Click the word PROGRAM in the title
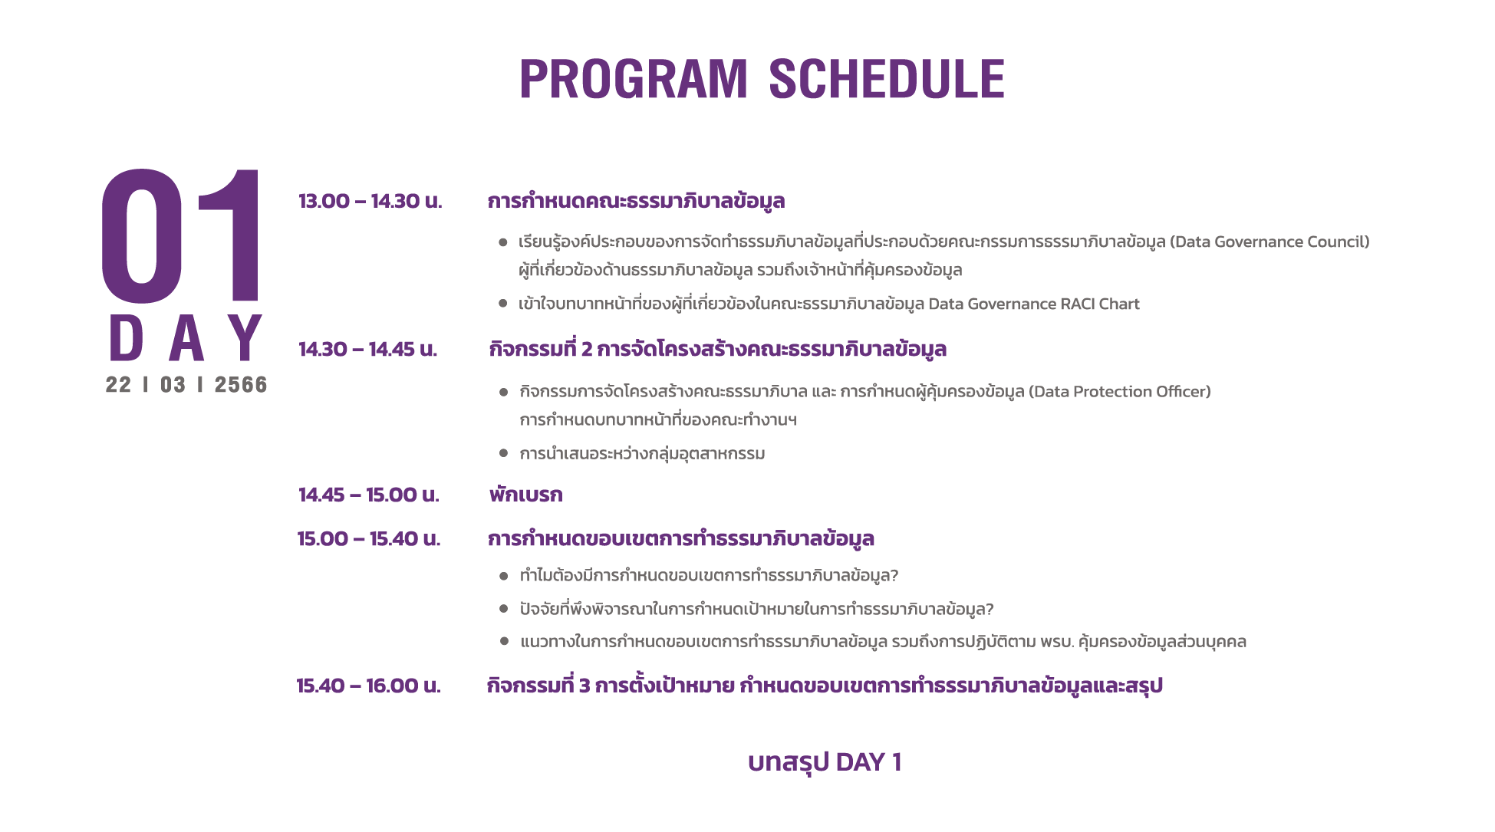pos(634,79)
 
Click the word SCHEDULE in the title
pos(887,79)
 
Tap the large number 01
pos(181,235)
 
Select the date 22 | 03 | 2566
pos(186,385)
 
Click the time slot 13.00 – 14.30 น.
pos(370,201)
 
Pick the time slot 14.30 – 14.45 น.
pos(367,349)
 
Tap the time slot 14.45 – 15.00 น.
pos(369,495)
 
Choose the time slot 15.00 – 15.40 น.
pos(369,538)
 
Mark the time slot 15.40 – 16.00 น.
pos(369,686)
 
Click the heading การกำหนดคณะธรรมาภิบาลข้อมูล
pos(636,201)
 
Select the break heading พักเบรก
pos(526,495)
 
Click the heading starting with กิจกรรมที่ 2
pos(718,349)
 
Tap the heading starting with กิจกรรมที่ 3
pos(825,686)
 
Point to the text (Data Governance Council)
pos(1269,242)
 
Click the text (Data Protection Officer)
pos(1120,391)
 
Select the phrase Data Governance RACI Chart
pos(1034,304)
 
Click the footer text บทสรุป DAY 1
pos(825,762)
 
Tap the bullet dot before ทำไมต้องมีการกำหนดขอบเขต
pos(504,576)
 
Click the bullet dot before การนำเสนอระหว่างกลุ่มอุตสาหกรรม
pos(504,453)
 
